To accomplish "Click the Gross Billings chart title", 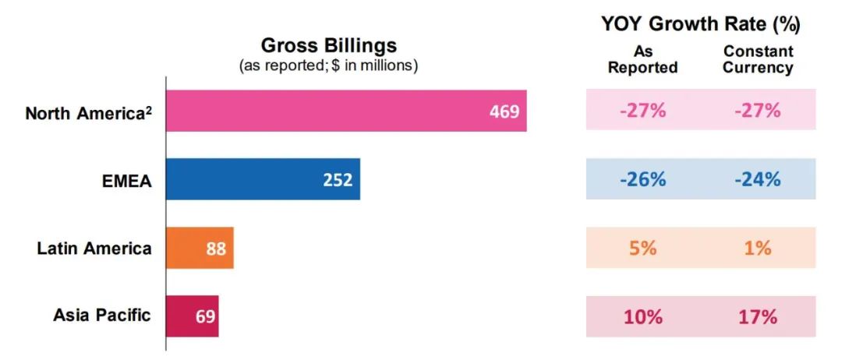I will click(328, 45).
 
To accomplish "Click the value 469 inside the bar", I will click(504, 111).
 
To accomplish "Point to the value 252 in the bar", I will click(338, 180).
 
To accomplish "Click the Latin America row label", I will click(94, 249).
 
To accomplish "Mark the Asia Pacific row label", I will click(102, 316).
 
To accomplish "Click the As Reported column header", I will click(642, 59).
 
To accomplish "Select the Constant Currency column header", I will click(758, 59).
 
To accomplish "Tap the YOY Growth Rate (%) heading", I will click(700, 24).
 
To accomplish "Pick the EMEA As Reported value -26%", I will click(642, 179).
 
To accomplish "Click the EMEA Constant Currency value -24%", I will click(757, 179).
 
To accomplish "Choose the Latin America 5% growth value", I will click(642, 248).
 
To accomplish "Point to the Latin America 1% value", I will click(757, 248).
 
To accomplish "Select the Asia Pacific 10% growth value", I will click(642, 316).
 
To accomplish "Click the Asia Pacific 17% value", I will click(757, 316).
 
